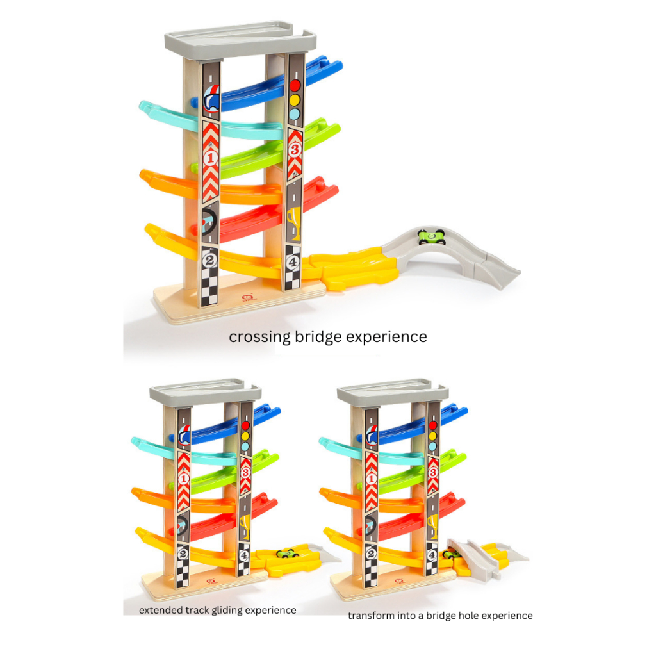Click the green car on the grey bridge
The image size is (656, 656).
pyautogui.click(x=432, y=237)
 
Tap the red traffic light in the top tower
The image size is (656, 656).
pyautogui.click(x=295, y=86)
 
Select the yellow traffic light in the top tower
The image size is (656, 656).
pyautogui.click(x=295, y=100)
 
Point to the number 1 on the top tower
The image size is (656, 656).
pyautogui.click(x=210, y=158)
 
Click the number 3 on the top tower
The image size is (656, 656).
pyautogui.click(x=295, y=149)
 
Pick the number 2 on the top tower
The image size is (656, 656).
pyautogui.click(x=209, y=261)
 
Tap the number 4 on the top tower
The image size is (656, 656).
pyautogui.click(x=292, y=262)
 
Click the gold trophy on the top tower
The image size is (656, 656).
pyautogui.click(x=294, y=222)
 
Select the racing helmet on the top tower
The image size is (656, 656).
pyautogui.click(x=211, y=99)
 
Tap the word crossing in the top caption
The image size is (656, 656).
pyautogui.click(x=259, y=337)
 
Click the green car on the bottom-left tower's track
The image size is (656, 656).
pyautogui.click(x=288, y=553)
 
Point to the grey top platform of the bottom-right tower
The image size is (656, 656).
pyautogui.click(x=393, y=393)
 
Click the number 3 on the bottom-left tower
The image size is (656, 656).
pyautogui.click(x=245, y=473)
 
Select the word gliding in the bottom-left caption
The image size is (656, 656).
pyautogui.click(x=227, y=611)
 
